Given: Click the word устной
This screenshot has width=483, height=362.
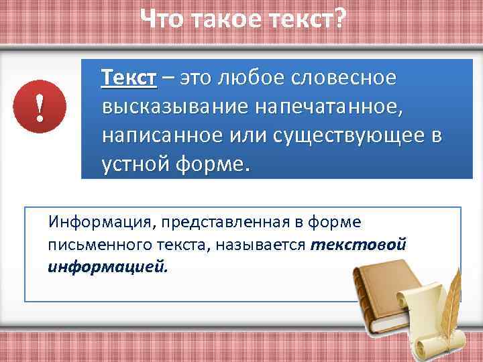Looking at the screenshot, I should click(134, 164).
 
